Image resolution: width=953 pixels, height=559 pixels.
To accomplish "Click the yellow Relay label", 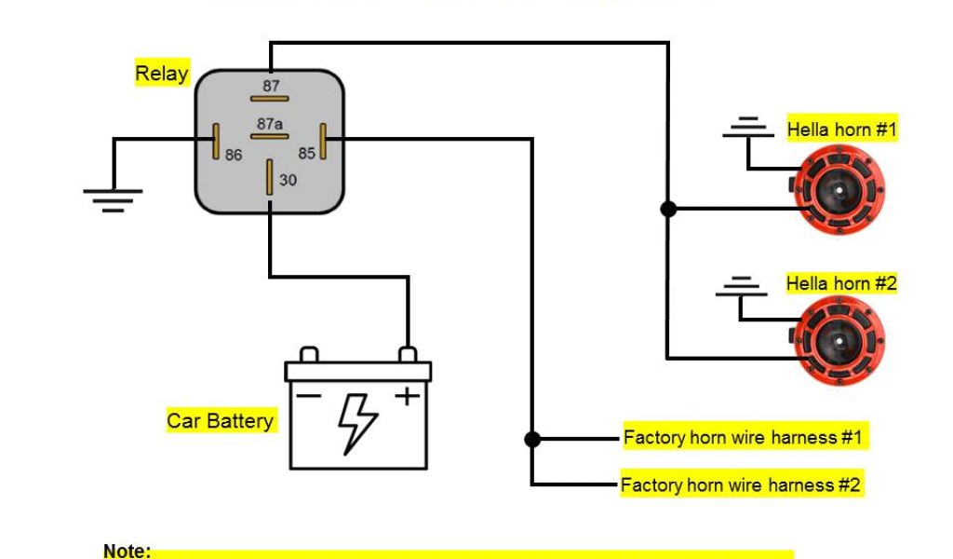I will [x=162, y=74].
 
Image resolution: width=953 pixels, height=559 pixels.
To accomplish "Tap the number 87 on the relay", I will [x=270, y=86].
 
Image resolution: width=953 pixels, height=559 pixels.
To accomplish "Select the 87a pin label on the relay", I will [x=270, y=123].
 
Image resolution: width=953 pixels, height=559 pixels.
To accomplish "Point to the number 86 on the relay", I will [x=233, y=156].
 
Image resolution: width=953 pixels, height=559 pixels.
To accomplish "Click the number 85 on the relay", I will [x=306, y=153].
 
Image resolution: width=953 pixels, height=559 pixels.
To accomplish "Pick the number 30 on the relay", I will [x=288, y=180].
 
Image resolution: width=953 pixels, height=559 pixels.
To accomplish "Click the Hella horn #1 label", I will [x=841, y=130].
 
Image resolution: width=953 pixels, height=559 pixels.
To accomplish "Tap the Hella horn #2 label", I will [x=841, y=283].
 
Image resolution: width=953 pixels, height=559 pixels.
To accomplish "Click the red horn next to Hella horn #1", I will [x=838, y=191].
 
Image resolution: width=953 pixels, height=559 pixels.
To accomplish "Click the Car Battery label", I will [x=221, y=421].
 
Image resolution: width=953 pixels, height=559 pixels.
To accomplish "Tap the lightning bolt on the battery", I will [x=357, y=422].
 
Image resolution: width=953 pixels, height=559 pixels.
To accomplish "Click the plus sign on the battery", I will [x=407, y=396].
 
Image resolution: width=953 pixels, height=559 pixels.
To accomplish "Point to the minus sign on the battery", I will [x=310, y=396].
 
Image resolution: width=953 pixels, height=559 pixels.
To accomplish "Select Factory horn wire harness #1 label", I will [x=744, y=437].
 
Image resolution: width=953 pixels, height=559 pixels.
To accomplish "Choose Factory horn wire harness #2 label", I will [x=742, y=485].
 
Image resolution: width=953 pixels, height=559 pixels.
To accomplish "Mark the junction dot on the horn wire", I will [x=668, y=209].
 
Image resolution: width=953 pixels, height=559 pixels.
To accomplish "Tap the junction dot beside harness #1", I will [x=531, y=438].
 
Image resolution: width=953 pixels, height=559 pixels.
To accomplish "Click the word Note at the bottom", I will [x=127, y=551].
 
